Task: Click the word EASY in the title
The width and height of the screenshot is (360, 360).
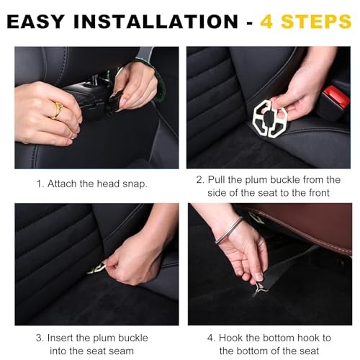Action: point(36,22)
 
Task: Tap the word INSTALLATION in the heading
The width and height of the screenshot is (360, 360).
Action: point(156,22)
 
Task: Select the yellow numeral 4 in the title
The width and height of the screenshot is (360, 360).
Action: point(267,22)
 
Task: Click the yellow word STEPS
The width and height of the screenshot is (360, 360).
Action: point(316,22)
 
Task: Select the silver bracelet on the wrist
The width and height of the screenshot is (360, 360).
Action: point(228,230)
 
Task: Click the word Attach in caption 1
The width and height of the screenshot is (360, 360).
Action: point(62,184)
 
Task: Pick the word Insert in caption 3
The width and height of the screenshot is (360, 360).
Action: point(60,338)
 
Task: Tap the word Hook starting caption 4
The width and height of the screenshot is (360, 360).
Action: point(230,338)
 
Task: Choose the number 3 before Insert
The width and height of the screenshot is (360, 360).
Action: point(40,338)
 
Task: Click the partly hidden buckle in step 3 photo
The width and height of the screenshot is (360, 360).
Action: point(96,269)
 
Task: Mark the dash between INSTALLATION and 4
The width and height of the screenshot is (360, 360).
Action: point(250,23)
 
